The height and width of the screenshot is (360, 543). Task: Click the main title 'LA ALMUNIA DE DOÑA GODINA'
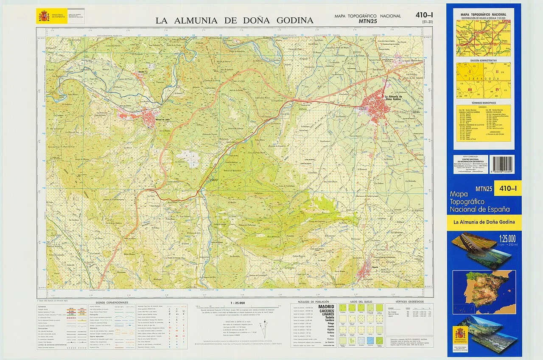[234, 20]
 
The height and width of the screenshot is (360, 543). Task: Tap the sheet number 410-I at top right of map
[424, 16]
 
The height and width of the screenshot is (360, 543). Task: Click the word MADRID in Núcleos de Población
[326, 307]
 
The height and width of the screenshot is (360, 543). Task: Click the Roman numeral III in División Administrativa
[470, 90]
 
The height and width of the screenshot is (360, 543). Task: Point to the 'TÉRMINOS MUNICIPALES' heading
[483, 103]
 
